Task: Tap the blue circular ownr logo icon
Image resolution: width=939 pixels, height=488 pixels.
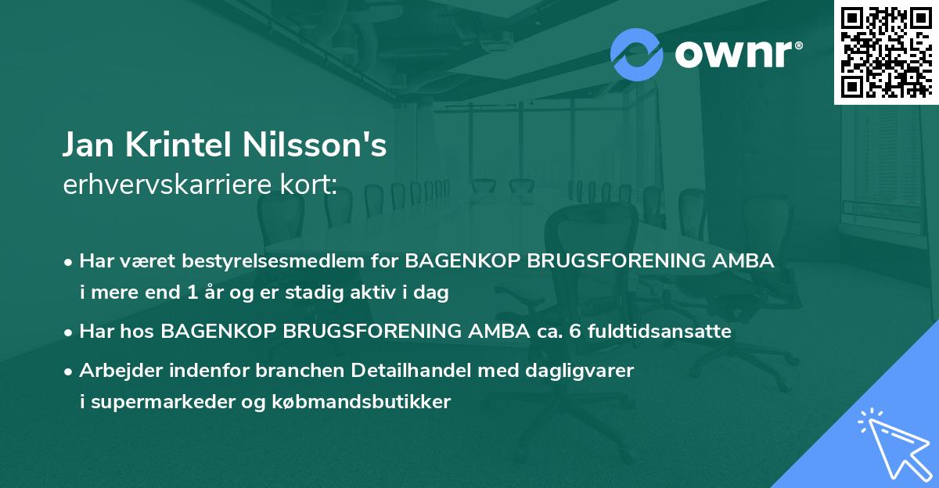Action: pyautogui.click(x=637, y=54)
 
